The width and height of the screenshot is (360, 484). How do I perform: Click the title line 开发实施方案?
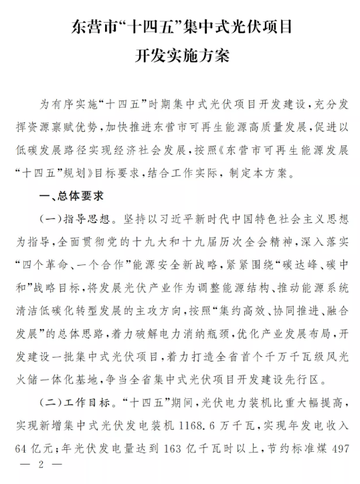[x=179, y=56]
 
